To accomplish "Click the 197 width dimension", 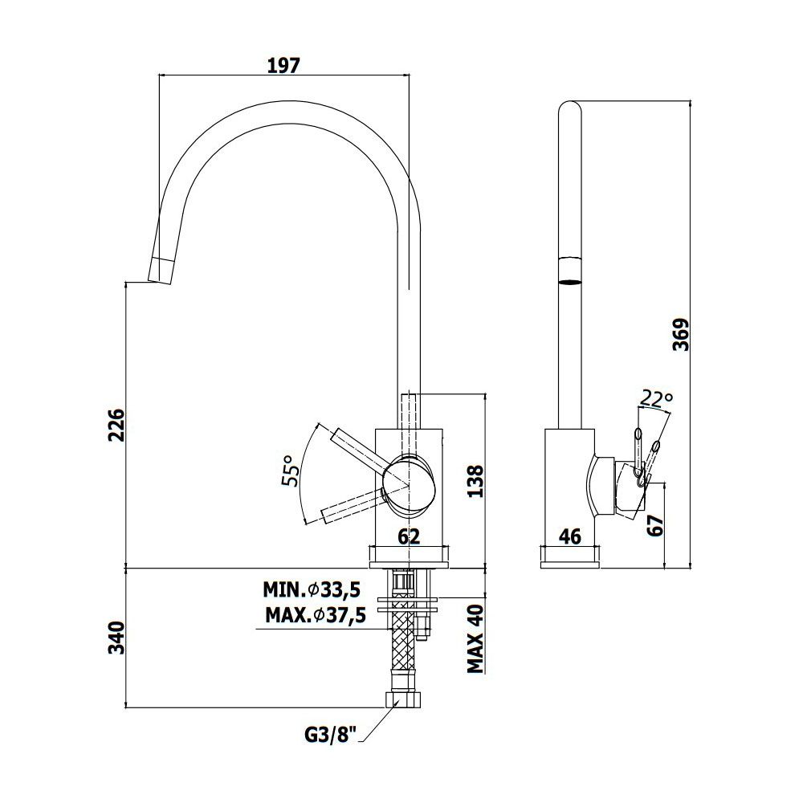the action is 283,66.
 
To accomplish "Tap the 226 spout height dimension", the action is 116,425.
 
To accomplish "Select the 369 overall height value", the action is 681,335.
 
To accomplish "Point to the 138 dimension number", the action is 475,481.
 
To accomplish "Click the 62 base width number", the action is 409,536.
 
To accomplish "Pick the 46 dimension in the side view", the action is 570,536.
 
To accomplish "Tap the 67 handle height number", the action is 655,525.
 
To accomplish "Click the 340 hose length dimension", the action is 116,638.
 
